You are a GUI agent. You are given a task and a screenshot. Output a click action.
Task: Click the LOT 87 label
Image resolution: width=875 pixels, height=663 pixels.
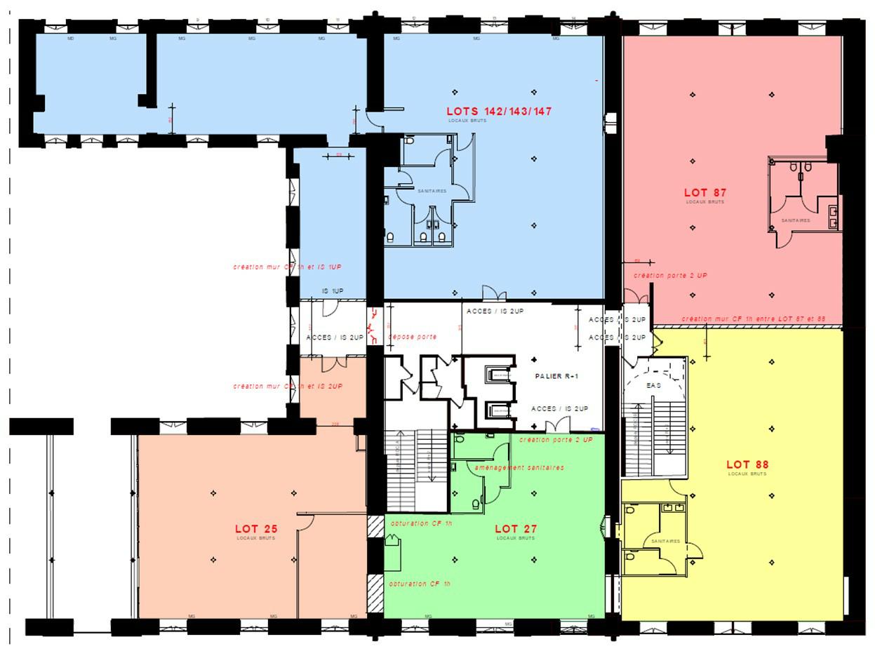(x=705, y=193)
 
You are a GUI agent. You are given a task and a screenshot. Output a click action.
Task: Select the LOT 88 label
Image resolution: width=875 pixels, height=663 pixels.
(x=747, y=464)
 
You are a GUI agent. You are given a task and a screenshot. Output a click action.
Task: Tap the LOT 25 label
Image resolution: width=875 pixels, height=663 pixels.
(x=256, y=529)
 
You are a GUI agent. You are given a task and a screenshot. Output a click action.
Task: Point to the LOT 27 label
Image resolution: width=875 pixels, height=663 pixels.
(x=516, y=529)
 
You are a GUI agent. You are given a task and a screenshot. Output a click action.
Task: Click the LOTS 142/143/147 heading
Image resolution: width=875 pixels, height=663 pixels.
(x=499, y=112)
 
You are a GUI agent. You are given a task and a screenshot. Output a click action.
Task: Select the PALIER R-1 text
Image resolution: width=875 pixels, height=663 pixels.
(x=556, y=377)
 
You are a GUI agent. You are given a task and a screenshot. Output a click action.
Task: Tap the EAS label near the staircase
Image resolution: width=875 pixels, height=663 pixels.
(x=653, y=385)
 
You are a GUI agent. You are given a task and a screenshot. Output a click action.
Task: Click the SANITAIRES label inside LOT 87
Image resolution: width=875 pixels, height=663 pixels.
(x=796, y=220)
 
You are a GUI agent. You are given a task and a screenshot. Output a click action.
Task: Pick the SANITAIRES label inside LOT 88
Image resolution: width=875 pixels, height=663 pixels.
(x=665, y=541)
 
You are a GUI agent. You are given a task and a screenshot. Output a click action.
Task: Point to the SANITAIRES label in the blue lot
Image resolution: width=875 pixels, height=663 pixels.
(x=432, y=191)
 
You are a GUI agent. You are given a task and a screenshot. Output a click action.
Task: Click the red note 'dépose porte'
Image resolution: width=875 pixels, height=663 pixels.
(x=413, y=337)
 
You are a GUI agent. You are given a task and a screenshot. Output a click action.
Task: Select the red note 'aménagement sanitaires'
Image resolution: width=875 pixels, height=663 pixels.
(x=519, y=467)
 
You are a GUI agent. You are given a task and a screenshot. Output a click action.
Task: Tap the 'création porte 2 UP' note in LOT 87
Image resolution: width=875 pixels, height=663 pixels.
(x=670, y=276)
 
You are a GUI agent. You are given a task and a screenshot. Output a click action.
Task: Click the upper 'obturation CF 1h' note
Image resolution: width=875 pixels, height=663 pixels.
(x=421, y=523)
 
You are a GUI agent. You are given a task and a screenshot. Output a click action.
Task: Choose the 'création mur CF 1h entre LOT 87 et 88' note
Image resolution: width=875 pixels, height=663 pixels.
(x=753, y=319)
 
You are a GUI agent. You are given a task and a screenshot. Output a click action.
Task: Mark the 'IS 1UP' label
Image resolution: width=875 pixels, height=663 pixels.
(x=333, y=291)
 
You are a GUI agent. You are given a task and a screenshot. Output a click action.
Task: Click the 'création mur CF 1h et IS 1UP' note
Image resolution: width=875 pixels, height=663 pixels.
(x=288, y=267)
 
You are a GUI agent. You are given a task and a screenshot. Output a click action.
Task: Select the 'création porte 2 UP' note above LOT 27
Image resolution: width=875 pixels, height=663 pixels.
(x=556, y=440)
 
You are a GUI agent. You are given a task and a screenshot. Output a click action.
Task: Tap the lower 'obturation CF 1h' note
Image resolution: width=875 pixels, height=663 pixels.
(x=420, y=584)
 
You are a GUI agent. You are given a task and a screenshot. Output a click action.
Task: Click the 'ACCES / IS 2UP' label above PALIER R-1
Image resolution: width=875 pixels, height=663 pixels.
(x=495, y=311)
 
